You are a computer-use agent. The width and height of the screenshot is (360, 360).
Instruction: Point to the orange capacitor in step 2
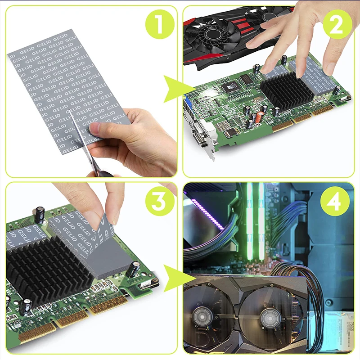tap(254, 118)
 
